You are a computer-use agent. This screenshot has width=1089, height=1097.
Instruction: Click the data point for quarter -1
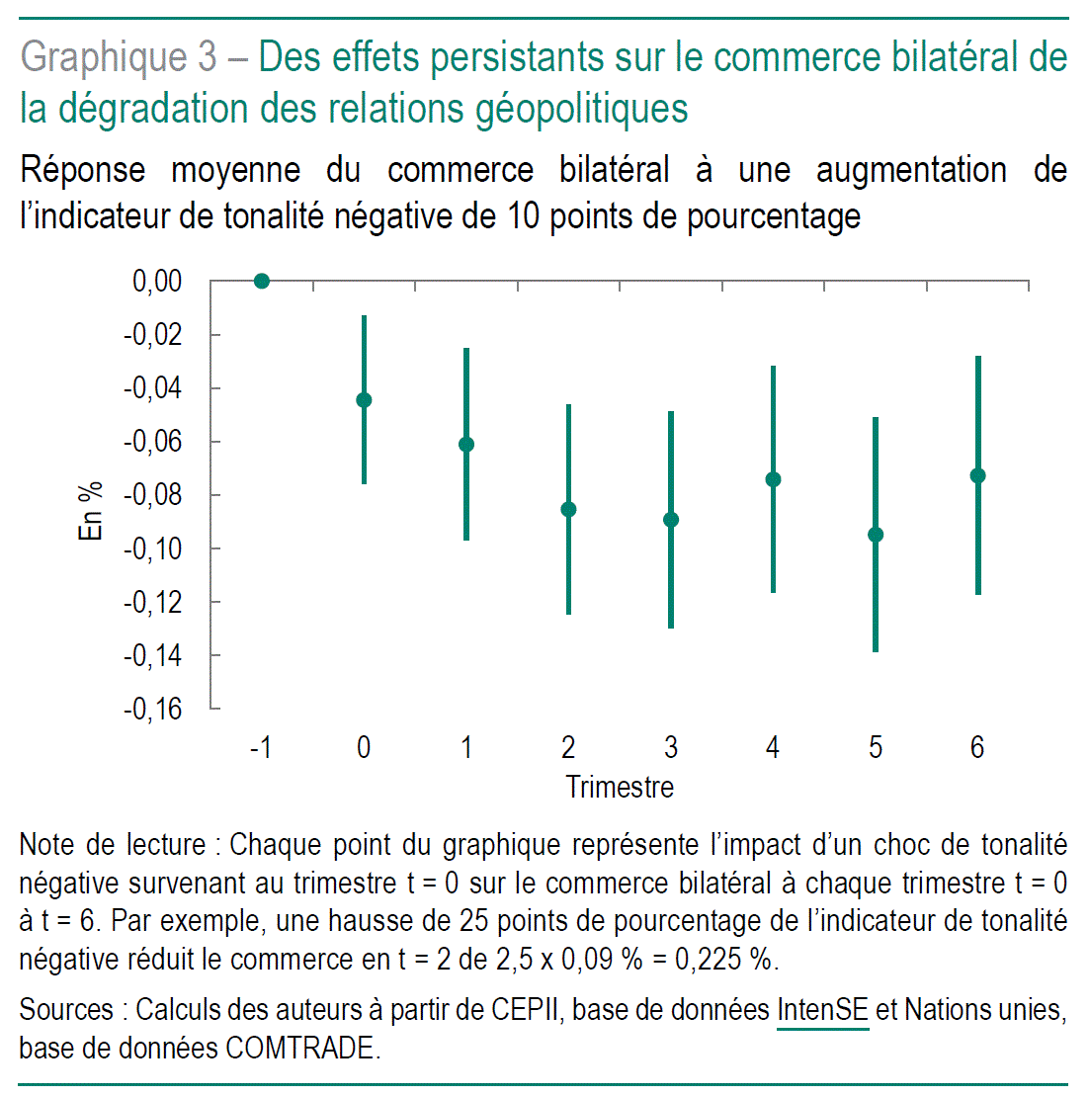262,282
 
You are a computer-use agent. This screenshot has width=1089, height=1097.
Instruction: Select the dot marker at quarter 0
364,400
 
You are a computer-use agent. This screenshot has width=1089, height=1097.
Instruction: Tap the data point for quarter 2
568,510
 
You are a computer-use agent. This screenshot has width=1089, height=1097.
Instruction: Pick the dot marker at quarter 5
876,536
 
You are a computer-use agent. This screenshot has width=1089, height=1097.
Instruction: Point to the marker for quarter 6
977,476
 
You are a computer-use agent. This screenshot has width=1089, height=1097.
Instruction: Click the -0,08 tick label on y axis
152,495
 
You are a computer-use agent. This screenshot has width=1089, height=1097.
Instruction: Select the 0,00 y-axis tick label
157,282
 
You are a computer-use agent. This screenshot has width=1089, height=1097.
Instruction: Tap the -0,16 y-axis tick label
152,709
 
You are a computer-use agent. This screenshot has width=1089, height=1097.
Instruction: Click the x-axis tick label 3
671,748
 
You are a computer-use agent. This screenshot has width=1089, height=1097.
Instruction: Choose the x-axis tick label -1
261,748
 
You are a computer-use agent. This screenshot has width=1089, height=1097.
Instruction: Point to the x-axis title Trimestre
620,788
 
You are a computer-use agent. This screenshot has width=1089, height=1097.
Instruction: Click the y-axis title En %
91,511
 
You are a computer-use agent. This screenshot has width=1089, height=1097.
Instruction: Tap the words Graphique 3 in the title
119,57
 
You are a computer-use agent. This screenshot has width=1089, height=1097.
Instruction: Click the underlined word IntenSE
822,1010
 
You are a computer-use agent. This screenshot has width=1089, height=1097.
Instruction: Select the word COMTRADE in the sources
300,1048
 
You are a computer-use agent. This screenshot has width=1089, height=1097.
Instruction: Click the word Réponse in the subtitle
83,170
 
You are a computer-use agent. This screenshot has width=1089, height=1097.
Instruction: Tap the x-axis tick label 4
773,748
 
